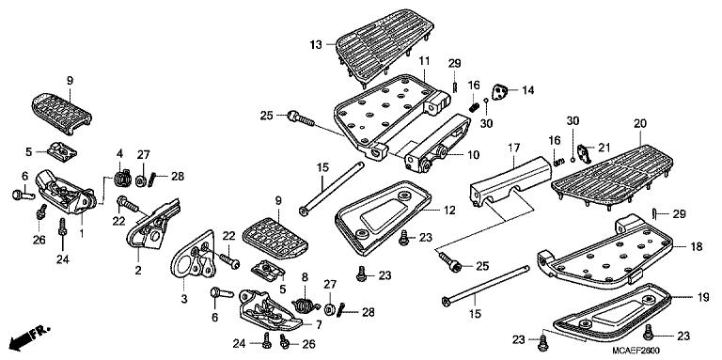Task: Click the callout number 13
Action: click(x=316, y=44)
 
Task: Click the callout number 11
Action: click(x=424, y=61)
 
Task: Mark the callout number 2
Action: click(x=138, y=271)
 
